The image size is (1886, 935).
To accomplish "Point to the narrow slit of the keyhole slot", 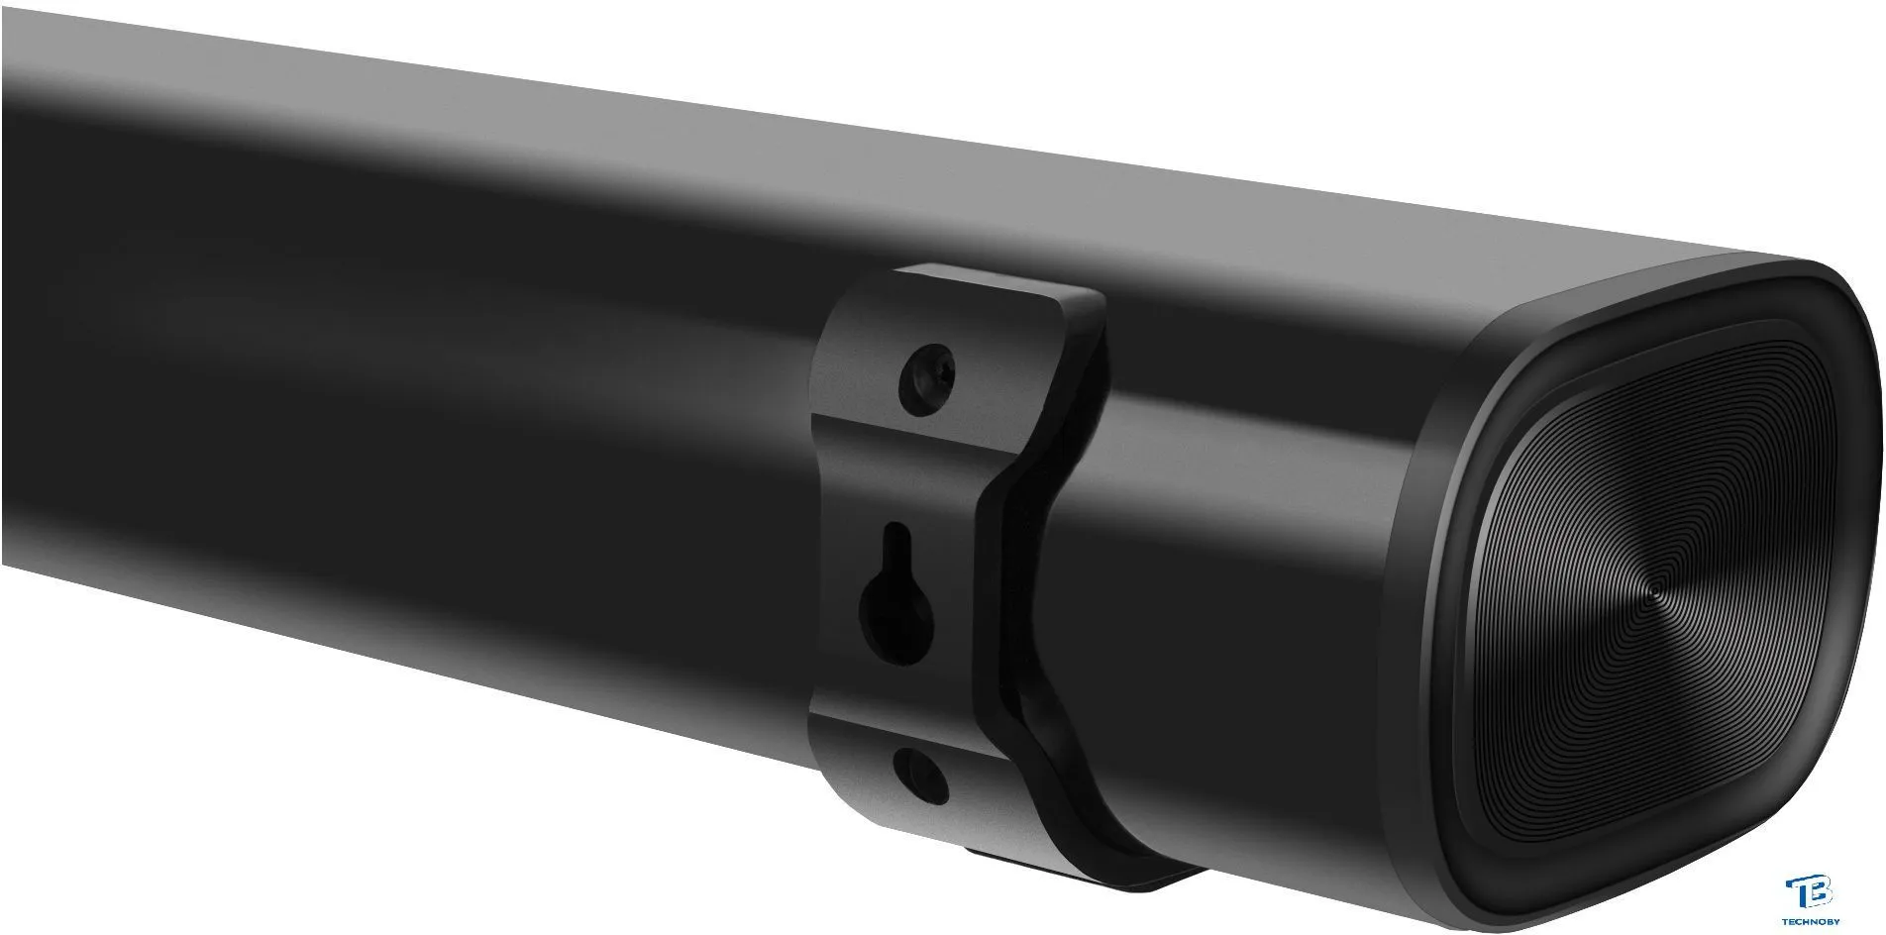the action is [897, 550].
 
